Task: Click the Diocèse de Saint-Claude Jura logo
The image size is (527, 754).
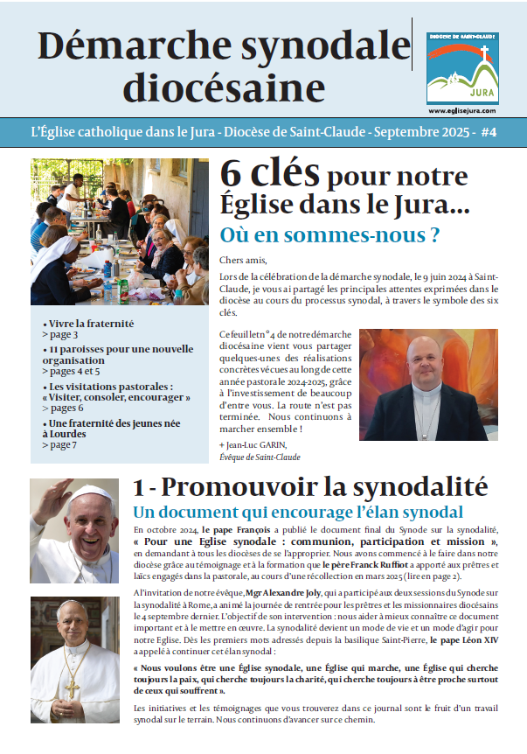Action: point(462,68)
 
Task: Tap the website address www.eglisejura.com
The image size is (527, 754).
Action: point(462,111)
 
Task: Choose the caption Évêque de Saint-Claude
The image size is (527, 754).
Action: point(260,457)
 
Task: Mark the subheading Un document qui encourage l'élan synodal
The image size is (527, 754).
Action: point(296,513)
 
